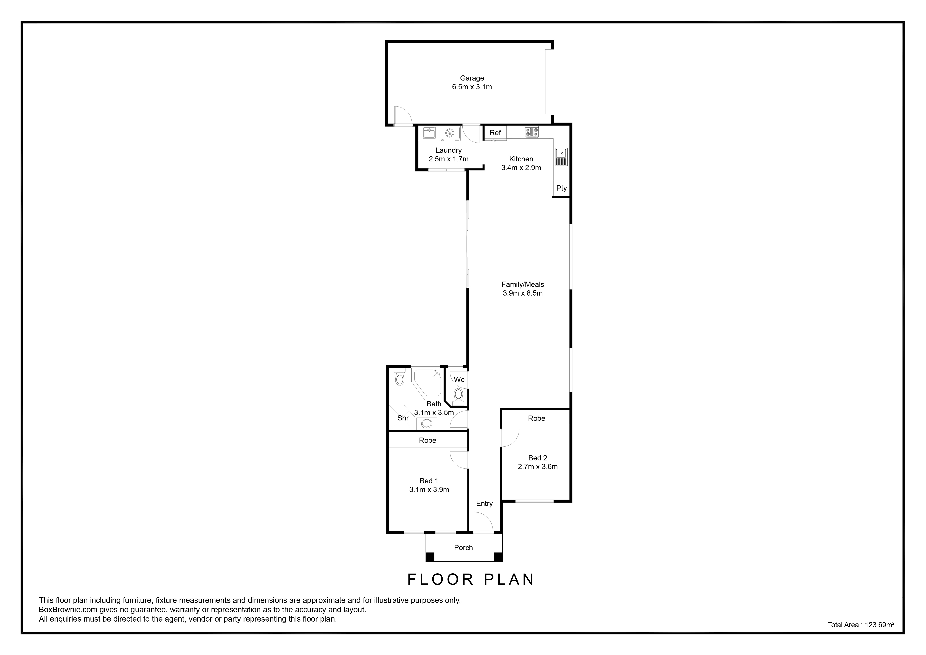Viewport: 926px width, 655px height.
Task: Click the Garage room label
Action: point(472,78)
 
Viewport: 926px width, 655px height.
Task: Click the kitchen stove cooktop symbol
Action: point(532,132)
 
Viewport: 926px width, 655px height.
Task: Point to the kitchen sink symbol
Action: point(561,157)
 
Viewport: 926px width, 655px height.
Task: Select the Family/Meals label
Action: point(523,284)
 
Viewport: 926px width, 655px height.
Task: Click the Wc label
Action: point(459,379)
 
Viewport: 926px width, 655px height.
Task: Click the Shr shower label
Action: point(403,418)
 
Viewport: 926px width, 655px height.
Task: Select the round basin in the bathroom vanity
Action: point(427,424)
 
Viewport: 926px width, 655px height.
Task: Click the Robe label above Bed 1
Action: point(428,440)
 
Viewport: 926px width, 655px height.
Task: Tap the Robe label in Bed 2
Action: point(536,418)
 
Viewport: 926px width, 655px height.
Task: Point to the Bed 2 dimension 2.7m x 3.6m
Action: point(538,467)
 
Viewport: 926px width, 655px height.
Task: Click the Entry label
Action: point(484,503)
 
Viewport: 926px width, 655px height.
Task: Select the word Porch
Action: point(463,547)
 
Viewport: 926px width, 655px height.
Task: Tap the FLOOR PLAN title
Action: point(471,579)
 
